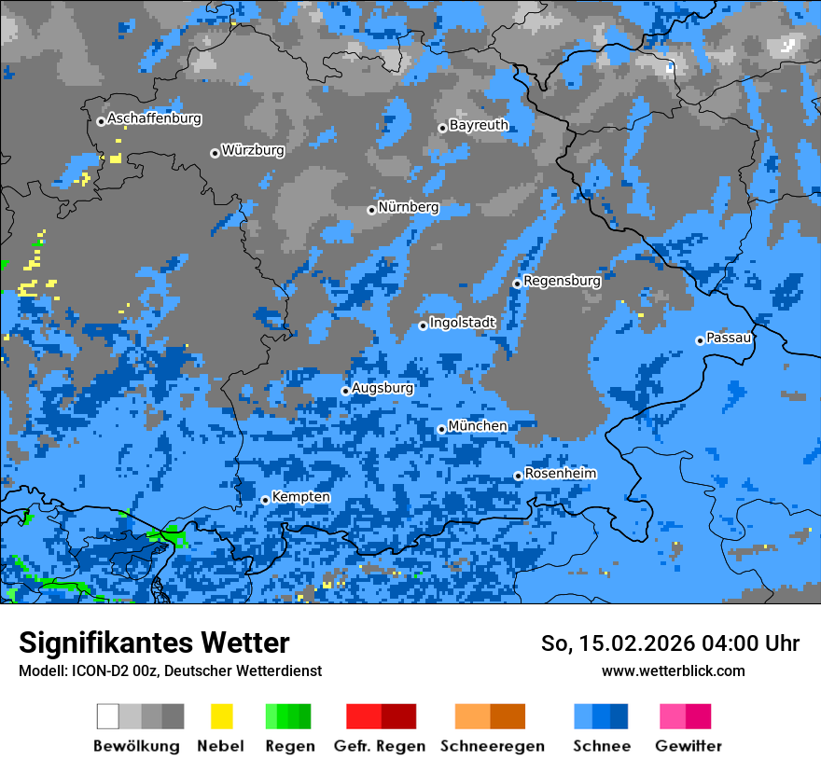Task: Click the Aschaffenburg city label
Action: coord(154,119)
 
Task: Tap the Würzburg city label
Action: coord(253,150)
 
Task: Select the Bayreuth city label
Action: coord(479,125)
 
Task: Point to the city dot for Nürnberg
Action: coord(371,210)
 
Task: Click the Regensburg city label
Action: coord(562,280)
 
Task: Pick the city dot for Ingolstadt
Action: coord(423,325)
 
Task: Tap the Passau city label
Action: coord(729,338)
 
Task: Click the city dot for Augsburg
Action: coord(345,391)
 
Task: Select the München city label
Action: coord(478,426)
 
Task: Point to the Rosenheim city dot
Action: coord(518,476)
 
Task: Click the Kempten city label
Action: coord(300,497)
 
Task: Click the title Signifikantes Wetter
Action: coord(154,643)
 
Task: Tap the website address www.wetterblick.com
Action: coord(673,670)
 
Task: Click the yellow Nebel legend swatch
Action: coord(221,716)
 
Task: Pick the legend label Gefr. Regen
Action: coord(380,746)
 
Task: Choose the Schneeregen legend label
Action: coord(492,746)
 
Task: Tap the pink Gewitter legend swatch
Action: coord(673,716)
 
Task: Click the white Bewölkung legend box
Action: coord(107,716)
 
